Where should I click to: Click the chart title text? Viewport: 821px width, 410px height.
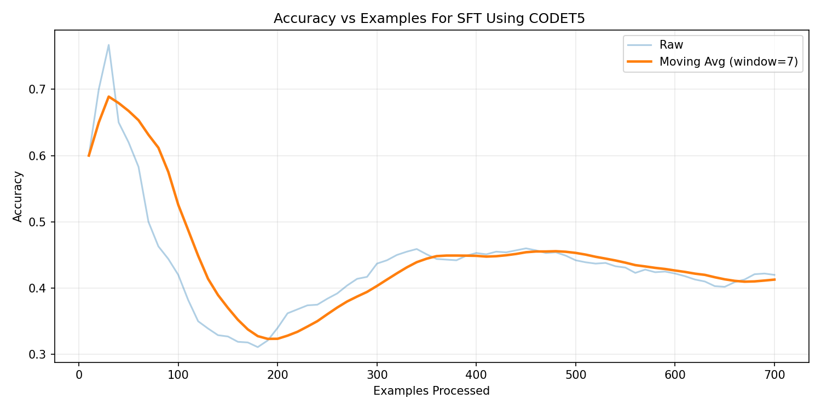pyautogui.click(x=429, y=19)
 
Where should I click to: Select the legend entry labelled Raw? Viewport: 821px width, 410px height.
pyautogui.click(x=671, y=45)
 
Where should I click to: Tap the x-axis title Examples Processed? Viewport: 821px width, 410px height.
pyautogui.click(x=431, y=391)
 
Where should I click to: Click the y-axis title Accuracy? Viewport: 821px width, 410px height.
pyautogui.click(x=18, y=197)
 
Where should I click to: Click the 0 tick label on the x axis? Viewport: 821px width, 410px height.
pyautogui.click(x=79, y=375)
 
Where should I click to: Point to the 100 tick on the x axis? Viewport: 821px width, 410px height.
pyautogui.click(x=178, y=375)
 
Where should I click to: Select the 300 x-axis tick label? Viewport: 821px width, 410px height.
pyautogui.click(x=377, y=375)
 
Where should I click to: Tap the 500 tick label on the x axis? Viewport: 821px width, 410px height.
pyautogui.click(x=575, y=375)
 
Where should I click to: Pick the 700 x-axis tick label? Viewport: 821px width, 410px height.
pyautogui.click(x=774, y=375)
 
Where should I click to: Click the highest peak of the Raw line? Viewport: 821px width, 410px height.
pyautogui.click(x=108, y=45)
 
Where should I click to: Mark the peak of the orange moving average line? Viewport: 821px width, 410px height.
pyautogui.click(x=108, y=97)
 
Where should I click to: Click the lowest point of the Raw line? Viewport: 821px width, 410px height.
pyautogui.click(x=258, y=347)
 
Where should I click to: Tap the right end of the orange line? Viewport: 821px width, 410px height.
pyautogui.click(x=774, y=279)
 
